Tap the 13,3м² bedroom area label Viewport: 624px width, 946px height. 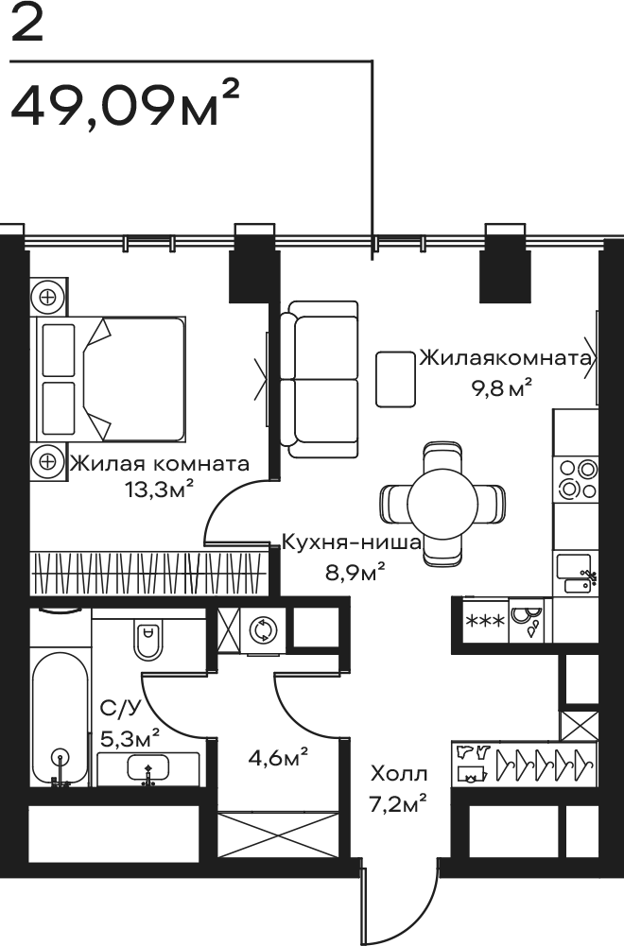[160, 490]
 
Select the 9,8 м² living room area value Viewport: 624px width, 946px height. [501, 388]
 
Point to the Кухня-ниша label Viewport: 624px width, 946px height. [352, 543]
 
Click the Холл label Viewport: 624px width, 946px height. [399, 773]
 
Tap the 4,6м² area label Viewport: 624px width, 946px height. [279, 757]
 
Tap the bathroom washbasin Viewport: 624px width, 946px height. [147, 768]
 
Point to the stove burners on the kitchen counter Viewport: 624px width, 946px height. [578, 478]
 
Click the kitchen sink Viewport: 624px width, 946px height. [576, 574]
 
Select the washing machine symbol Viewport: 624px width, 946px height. [264, 629]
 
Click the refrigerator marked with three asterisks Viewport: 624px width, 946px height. [486, 621]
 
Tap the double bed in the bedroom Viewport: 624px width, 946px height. [111, 379]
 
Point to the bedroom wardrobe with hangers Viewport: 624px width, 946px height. [148, 572]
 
